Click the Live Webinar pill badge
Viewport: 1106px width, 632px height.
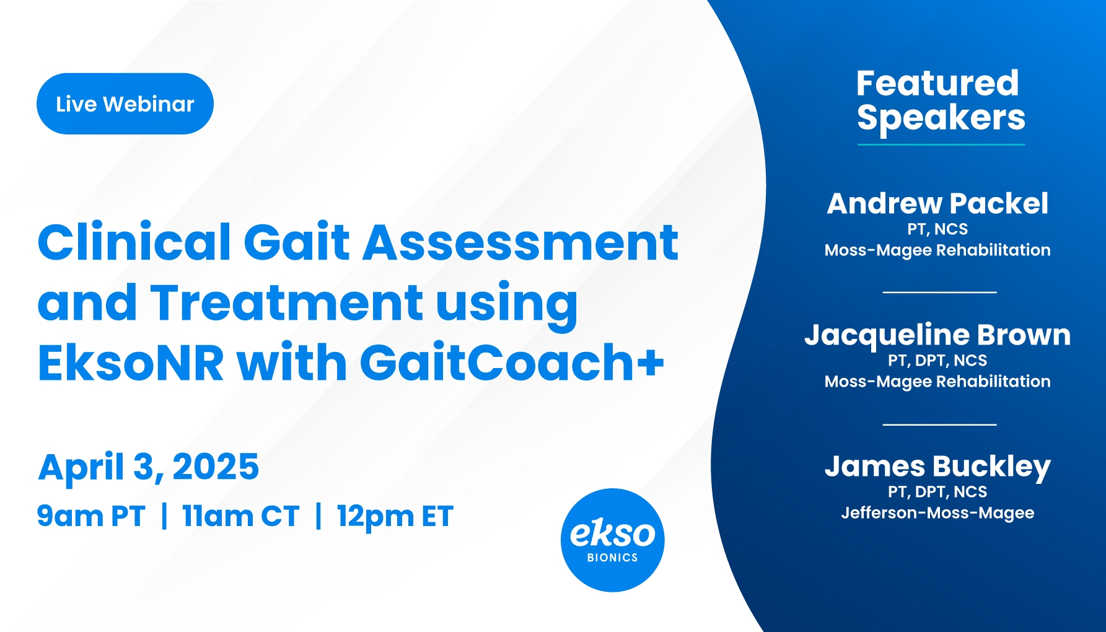[125, 103]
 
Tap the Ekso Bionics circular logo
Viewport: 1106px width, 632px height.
[612, 540]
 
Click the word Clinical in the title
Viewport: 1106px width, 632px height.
[134, 242]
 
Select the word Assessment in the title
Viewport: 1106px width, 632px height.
[520, 242]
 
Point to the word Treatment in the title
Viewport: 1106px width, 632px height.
[287, 302]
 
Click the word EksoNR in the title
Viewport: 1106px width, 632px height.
[131, 362]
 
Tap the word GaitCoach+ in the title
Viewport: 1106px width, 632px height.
[512, 362]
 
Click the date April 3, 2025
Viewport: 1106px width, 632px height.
[149, 467]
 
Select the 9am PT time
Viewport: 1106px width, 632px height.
[91, 516]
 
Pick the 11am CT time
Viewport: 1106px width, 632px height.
[241, 516]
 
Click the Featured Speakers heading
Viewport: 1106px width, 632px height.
[941, 100]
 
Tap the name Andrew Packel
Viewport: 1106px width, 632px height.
[937, 203]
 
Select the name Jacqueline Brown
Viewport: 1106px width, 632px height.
[937, 335]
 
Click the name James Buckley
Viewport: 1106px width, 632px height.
[937, 467]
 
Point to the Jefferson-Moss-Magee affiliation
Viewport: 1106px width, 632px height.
[937, 513]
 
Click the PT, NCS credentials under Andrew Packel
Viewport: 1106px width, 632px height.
[937, 229]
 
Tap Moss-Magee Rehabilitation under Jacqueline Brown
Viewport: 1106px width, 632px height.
[937, 382]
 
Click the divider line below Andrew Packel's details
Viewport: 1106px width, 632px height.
[939, 292]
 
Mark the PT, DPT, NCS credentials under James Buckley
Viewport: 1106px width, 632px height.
[937, 492]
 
